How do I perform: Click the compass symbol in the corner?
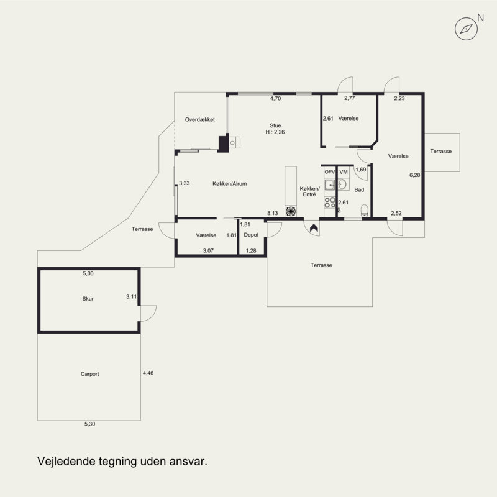point(466,29)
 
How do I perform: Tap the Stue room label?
point(275,125)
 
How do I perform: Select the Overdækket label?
point(199,119)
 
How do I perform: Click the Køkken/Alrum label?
point(229,183)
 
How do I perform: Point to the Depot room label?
point(251,235)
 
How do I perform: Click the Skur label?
point(88,299)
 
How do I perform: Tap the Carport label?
point(89,374)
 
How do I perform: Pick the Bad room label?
point(359,190)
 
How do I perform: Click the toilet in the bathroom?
point(365,211)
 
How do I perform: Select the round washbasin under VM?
point(343,184)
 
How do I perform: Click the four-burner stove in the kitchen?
point(330,203)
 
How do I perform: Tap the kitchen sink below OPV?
point(330,185)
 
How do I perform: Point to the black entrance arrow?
point(314,227)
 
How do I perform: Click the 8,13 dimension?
point(272,213)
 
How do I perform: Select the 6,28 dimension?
point(414,175)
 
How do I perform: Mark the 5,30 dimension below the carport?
point(89,424)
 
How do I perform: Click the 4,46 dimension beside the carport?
point(148,373)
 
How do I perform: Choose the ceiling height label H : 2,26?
point(275,132)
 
